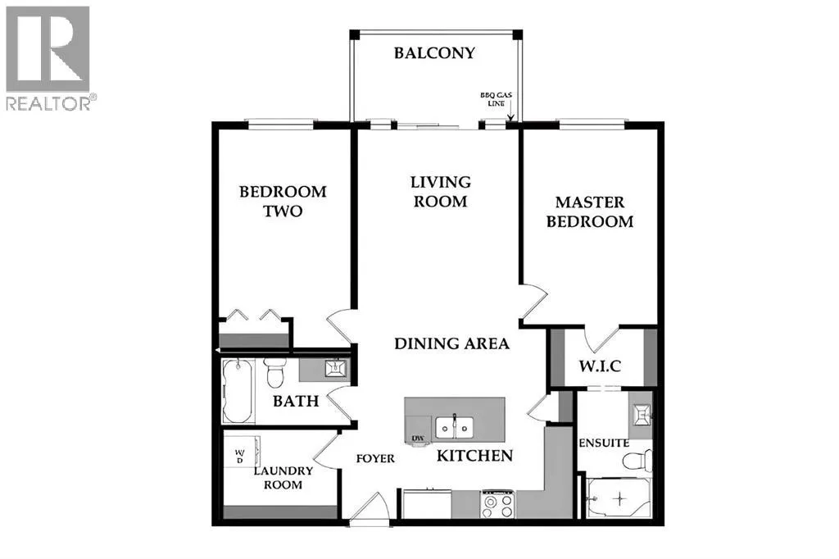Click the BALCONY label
click(434, 52)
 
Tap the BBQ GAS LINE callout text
click(496, 99)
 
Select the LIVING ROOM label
click(440, 192)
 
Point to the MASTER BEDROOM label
click(590, 211)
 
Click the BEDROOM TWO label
click(283, 201)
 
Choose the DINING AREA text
click(451, 343)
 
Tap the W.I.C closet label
click(600, 366)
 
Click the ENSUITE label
click(604, 443)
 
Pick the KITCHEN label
click(474, 456)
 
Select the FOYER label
click(375, 458)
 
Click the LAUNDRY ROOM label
click(283, 478)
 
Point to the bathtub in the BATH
click(238, 391)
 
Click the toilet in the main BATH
click(275, 372)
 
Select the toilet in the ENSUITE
click(637, 461)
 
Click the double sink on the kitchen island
click(454, 427)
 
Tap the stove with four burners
click(497, 504)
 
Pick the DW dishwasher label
click(417, 439)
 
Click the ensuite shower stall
click(619, 498)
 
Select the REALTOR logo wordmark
click(52, 103)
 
